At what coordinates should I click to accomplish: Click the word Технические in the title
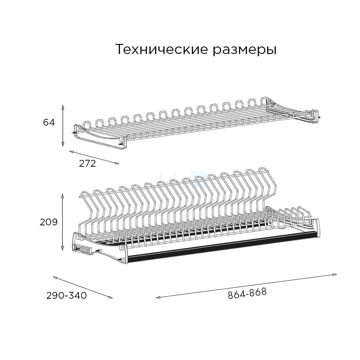(162, 49)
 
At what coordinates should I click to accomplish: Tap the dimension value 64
(49, 122)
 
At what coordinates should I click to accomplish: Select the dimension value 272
(87, 163)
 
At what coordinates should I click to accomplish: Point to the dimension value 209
(49, 222)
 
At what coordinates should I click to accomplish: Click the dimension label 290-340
(67, 296)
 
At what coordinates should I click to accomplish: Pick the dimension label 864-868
(247, 293)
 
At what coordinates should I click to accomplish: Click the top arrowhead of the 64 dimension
(63, 107)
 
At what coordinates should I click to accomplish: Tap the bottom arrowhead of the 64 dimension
(63, 144)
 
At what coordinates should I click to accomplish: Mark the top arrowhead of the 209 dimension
(62, 196)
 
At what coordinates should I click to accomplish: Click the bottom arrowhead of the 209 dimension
(62, 248)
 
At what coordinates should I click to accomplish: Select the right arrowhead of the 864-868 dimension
(335, 274)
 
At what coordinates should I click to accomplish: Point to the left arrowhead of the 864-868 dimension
(158, 298)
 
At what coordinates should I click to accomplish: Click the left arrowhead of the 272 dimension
(71, 152)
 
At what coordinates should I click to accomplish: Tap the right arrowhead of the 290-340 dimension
(111, 297)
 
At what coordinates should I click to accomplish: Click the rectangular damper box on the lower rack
(83, 249)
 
